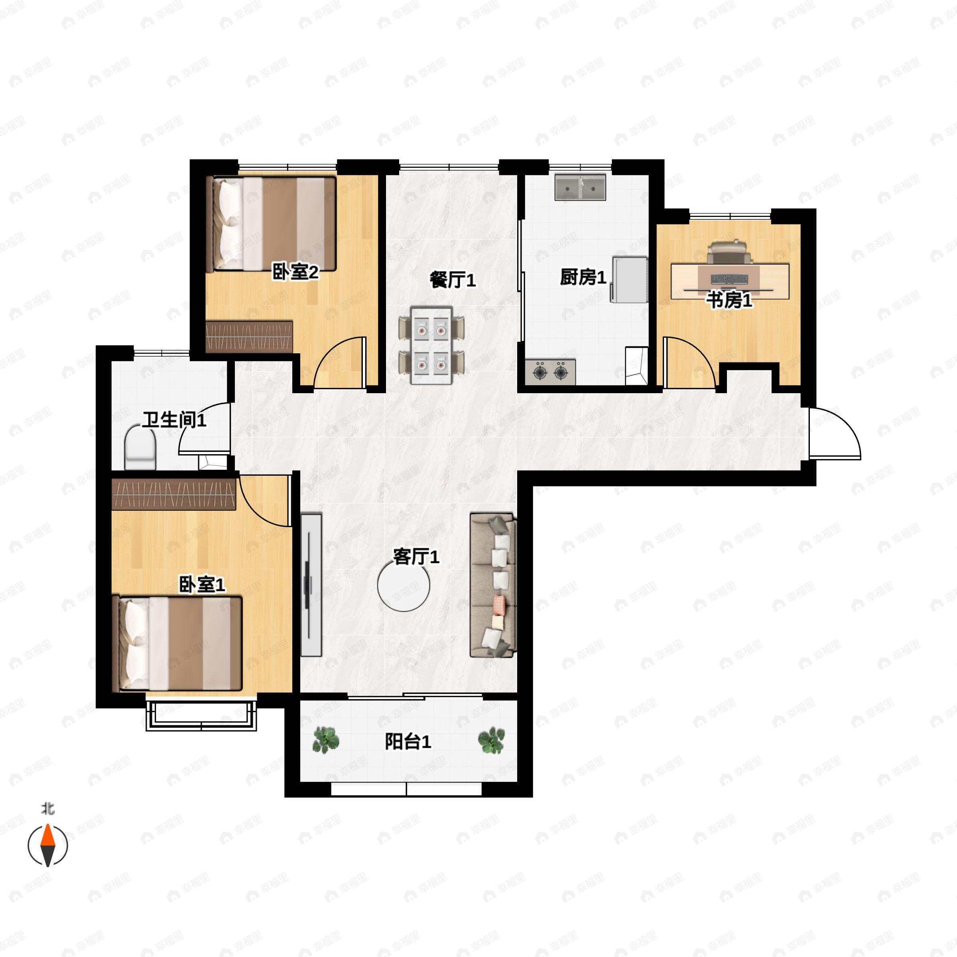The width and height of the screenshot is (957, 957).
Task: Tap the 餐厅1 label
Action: (x=452, y=280)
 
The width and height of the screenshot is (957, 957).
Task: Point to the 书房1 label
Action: (x=729, y=300)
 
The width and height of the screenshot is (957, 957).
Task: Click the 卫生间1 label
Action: (x=174, y=419)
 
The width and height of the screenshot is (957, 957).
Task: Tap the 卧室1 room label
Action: (x=202, y=585)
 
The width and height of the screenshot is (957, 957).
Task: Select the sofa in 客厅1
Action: (x=493, y=585)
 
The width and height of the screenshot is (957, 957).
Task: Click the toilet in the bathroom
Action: (x=140, y=447)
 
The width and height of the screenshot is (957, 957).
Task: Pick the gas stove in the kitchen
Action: (x=550, y=372)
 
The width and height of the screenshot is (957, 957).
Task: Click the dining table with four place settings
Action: (x=431, y=345)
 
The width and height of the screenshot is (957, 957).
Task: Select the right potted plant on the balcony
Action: (x=491, y=740)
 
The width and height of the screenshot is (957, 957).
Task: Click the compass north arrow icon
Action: (x=47, y=845)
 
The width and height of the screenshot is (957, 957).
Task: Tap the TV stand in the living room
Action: (x=311, y=585)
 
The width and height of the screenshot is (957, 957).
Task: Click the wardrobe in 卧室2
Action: (x=249, y=337)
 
